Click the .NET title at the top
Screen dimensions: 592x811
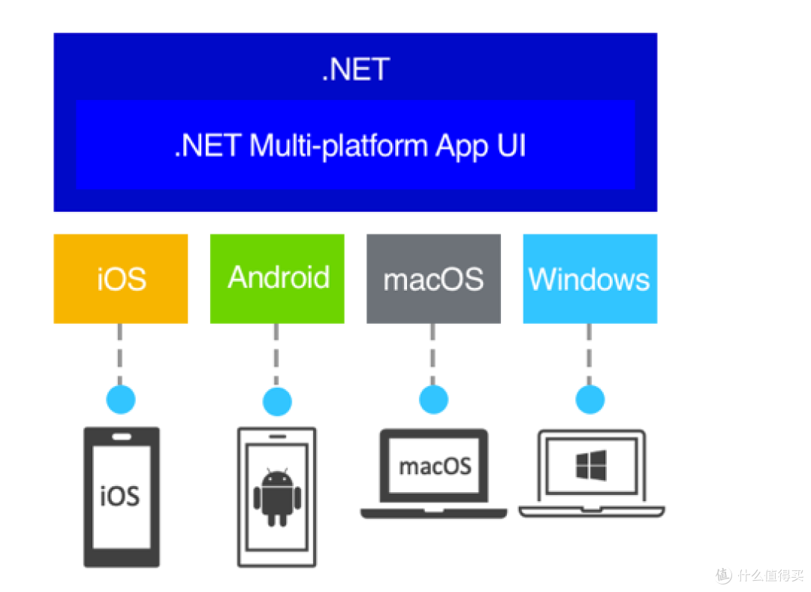[x=355, y=70]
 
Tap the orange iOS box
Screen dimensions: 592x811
[x=121, y=279]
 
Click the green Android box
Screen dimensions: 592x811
[x=277, y=279]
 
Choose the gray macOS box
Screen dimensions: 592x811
[x=433, y=279]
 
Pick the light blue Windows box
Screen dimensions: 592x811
[x=589, y=279]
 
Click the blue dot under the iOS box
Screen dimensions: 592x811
[x=121, y=399]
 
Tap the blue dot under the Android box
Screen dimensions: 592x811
[x=277, y=399]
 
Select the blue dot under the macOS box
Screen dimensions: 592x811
[x=433, y=399]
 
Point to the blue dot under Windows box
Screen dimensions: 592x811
[x=589, y=399]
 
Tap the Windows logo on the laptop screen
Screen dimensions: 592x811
[x=591, y=466]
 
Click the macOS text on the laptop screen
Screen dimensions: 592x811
[x=434, y=466]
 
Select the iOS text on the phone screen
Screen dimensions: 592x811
[x=121, y=496]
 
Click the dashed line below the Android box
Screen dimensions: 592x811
[x=277, y=354]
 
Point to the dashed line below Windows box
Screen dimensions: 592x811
[x=589, y=354]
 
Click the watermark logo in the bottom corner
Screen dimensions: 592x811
[x=722, y=575]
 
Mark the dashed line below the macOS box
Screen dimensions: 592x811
[x=433, y=354]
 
